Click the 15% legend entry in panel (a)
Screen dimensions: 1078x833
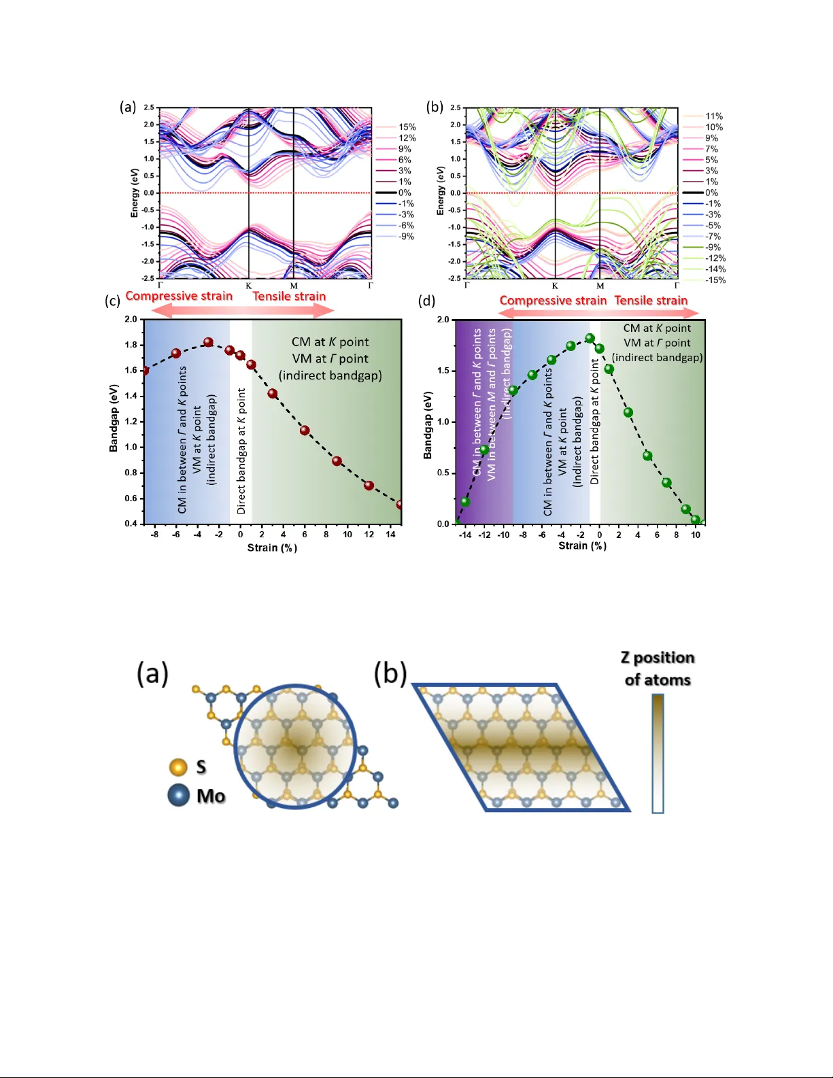click(x=407, y=127)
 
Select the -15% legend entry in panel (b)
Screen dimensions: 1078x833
click(x=715, y=280)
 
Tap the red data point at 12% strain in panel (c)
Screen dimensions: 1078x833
click(x=369, y=486)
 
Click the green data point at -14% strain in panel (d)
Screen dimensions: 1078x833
click(x=465, y=502)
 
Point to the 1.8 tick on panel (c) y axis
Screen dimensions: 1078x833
click(x=131, y=345)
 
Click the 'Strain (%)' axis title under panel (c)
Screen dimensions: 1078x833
click(x=272, y=548)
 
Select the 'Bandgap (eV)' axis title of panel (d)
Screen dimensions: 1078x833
click(x=428, y=425)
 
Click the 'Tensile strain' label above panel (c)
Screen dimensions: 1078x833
click(x=289, y=296)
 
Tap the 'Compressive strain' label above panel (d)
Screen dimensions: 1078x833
click(x=553, y=301)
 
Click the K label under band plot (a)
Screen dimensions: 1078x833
click(x=249, y=286)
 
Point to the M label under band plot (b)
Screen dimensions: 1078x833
click(x=600, y=286)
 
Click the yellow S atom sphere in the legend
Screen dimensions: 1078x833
click(x=178, y=767)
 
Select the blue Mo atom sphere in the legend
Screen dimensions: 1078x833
click(x=179, y=795)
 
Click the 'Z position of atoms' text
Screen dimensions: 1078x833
click(x=658, y=669)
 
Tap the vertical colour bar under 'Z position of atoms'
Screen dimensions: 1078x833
click(x=658, y=753)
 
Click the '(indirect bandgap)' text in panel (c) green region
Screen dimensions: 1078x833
click(x=330, y=375)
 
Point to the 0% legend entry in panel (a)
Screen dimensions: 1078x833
click(x=404, y=192)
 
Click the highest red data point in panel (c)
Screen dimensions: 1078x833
click(x=209, y=343)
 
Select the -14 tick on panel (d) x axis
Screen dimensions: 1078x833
click(x=465, y=535)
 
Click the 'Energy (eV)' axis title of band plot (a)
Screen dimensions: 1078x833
click(x=135, y=193)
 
